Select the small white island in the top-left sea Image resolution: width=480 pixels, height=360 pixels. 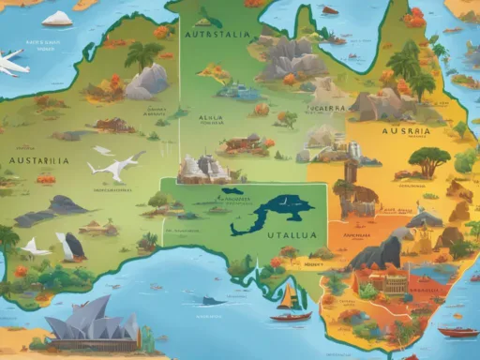(x=57, y=18)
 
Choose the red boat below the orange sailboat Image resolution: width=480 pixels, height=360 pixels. (x=292, y=317)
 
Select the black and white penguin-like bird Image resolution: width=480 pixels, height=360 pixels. (x=69, y=247)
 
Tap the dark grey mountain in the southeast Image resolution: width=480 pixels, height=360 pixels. (x=381, y=250)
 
